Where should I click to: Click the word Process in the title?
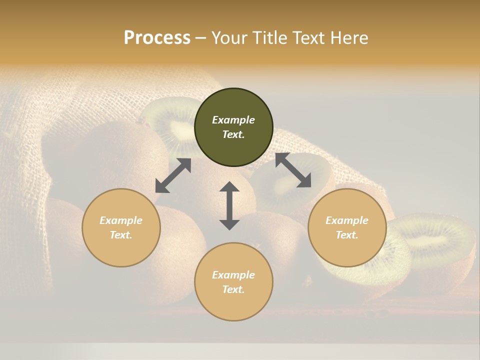pyautogui.click(x=157, y=38)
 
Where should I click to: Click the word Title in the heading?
pyautogui.click(x=270, y=38)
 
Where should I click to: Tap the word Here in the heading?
pyautogui.click(x=348, y=38)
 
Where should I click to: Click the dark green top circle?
pyautogui.click(x=233, y=127)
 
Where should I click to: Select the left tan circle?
pyautogui.click(x=121, y=227)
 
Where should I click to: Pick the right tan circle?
pyautogui.click(x=347, y=227)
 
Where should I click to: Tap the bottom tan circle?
pyautogui.click(x=233, y=282)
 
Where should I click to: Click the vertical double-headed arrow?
pyautogui.click(x=229, y=205)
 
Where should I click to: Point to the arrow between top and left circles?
pyautogui.click(x=173, y=175)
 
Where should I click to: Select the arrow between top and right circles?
pyautogui.click(x=293, y=170)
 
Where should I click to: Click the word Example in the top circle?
pyautogui.click(x=233, y=120)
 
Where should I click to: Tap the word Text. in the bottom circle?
pyautogui.click(x=233, y=289)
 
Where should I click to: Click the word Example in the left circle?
pyautogui.click(x=121, y=220)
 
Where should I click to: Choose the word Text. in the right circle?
pyautogui.click(x=347, y=235)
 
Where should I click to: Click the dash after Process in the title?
pyautogui.click(x=200, y=38)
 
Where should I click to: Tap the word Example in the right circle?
pyautogui.click(x=347, y=220)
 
